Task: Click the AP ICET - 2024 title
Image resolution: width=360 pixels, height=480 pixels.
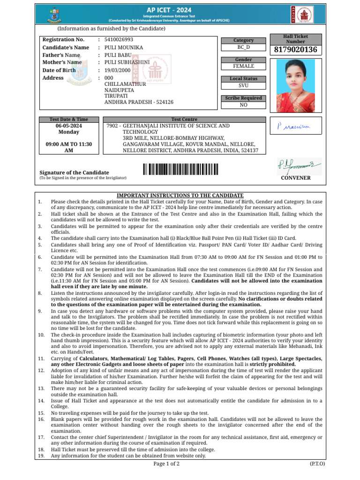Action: point(180,8)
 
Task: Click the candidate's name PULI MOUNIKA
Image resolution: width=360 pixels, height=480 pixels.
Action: point(124,48)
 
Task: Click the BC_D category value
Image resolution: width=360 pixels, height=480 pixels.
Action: point(243,48)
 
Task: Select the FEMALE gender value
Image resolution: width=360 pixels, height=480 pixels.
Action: point(243,67)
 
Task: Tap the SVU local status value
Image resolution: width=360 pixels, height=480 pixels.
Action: point(243,86)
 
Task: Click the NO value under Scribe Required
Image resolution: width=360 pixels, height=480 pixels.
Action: point(243,105)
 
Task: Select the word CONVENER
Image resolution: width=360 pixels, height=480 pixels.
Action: point(295,178)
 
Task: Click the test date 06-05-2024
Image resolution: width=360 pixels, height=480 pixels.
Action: point(68,127)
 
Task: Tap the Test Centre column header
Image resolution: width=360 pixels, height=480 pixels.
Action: point(184,120)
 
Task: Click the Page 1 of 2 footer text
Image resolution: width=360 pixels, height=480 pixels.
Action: point(166,464)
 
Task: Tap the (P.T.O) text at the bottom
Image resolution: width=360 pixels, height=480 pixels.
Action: point(317,464)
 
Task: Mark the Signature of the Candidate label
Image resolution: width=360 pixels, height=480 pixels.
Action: point(74,172)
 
